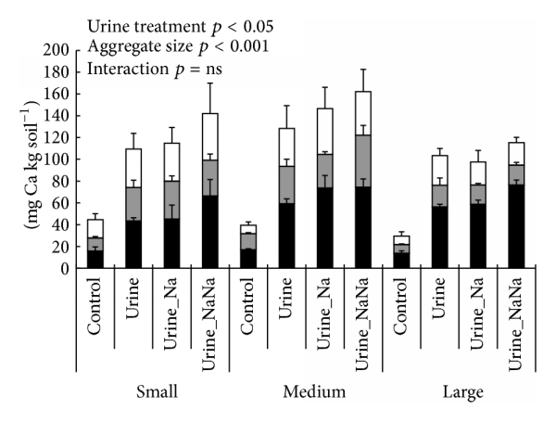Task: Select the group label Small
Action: tap(158, 394)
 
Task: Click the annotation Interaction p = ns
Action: tap(145, 69)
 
